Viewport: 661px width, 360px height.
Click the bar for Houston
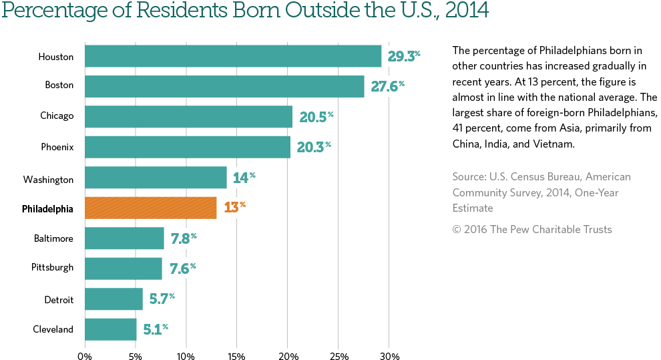pyautogui.click(x=233, y=56)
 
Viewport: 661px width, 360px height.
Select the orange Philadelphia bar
pyautogui.click(x=151, y=208)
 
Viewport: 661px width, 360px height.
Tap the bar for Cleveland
pyautogui.click(x=111, y=329)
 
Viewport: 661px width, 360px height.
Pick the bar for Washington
pyautogui.click(x=156, y=178)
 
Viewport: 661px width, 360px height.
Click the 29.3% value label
pyautogui.click(x=404, y=56)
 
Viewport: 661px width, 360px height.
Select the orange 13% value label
pyautogui.click(x=234, y=207)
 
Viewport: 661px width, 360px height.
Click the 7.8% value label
pyautogui.click(x=183, y=238)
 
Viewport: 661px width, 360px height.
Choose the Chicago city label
pyautogui.click(x=57, y=116)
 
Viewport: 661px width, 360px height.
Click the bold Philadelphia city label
pyautogui.click(x=47, y=209)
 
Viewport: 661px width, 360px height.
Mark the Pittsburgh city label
pyautogui.click(x=52, y=268)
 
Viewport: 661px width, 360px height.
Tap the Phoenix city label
pyautogui.click(x=57, y=146)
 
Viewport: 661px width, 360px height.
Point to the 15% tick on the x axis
pyautogui.click(x=236, y=356)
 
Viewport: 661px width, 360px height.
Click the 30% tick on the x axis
pyautogui.click(x=389, y=356)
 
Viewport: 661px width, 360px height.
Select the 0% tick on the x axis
pyautogui.click(x=85, y=356)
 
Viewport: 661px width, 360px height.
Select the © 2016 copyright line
pyautogui.click(x=531, y=230)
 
